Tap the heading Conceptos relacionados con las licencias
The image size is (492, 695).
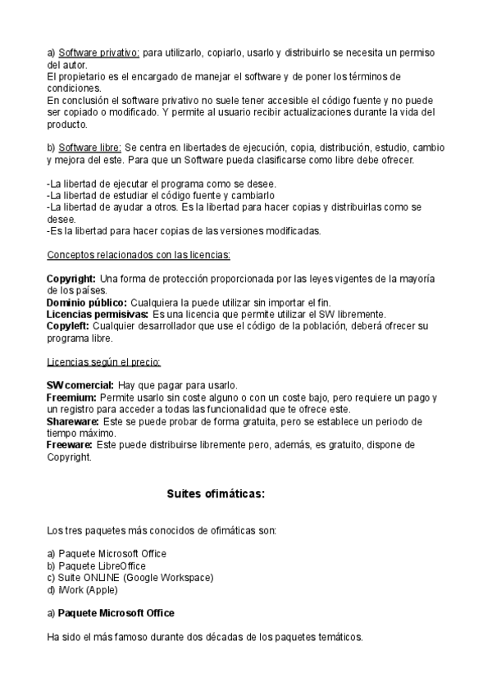coord(138,254)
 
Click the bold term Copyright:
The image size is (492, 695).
coord(71,279)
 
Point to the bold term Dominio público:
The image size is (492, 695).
coord(87,302)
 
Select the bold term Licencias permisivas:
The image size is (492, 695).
coord(98,315)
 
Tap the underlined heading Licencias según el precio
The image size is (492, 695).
coord(103,361)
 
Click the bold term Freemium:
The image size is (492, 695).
coord(71,397)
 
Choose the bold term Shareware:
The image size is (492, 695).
coord(73,421)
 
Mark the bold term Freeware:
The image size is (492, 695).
coord(69,445)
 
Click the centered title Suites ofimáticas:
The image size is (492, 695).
coord(216,494)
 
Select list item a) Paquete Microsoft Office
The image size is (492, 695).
coord(107,554)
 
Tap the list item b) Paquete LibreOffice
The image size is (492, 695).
coord(97,566)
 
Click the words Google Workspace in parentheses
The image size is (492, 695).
coord(174,578)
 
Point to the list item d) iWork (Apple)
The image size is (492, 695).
coord(83,589)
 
